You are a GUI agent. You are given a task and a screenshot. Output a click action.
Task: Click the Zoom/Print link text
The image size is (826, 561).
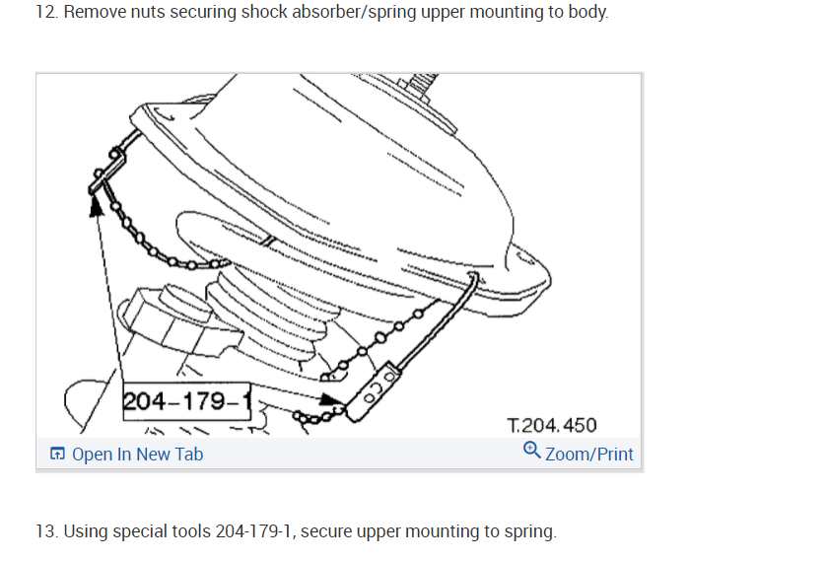tap(589, 455)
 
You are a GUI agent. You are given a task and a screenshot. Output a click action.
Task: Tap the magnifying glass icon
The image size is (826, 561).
tap(531, 451)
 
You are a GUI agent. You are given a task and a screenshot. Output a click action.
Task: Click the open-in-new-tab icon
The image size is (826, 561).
tap(57, 454)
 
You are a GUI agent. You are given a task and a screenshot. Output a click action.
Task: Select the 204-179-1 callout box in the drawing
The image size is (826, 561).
tap(186, 401)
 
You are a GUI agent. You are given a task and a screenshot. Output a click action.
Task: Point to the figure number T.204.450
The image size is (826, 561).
tap(552, 425)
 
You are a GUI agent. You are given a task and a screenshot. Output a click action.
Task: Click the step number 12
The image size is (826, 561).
tap(46, 12)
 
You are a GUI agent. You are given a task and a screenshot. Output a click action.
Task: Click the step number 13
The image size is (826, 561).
tap(46, 531)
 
